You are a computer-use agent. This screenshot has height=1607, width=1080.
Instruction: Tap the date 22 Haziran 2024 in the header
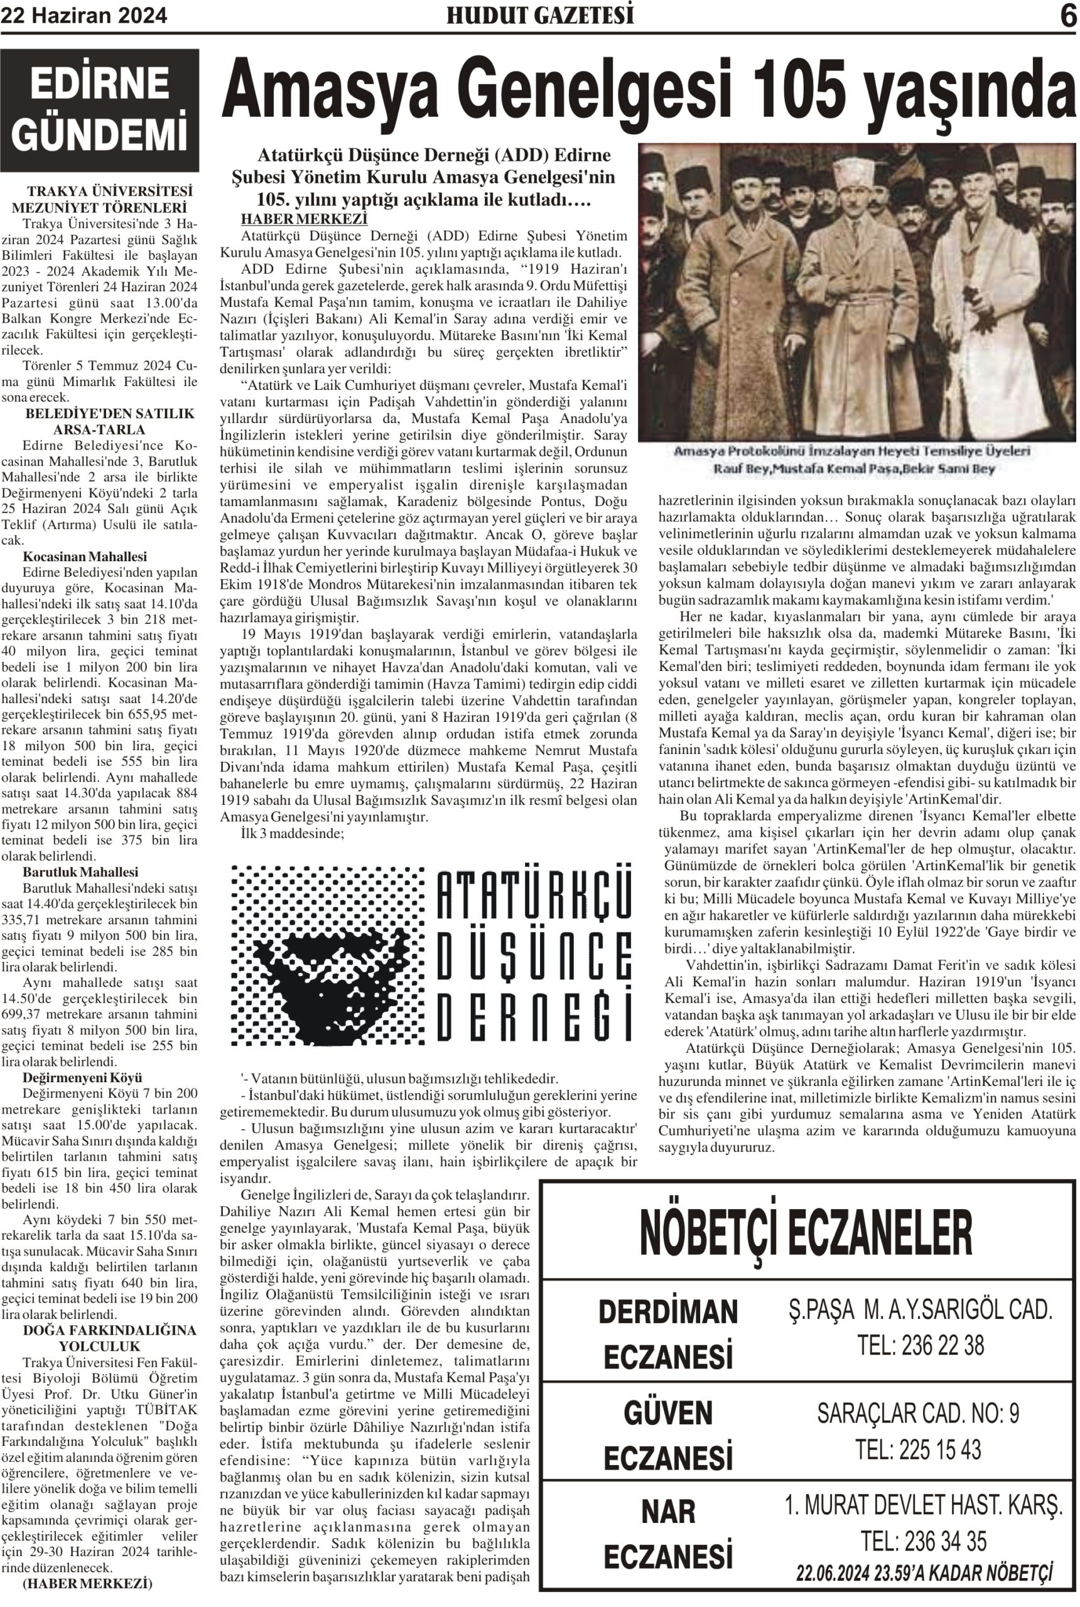(84, 15)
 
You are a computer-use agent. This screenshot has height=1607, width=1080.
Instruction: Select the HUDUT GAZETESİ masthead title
(540, 15)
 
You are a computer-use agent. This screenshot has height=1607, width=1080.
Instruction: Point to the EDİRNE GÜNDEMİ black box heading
(100, 109)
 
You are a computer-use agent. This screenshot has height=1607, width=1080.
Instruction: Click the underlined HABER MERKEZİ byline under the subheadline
(304, 219)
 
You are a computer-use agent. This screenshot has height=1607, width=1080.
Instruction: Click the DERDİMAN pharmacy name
(667, 1313)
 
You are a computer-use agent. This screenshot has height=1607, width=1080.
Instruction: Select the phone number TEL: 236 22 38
(921, 1345)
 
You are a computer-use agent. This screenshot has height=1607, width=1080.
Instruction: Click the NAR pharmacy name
(668, 1512)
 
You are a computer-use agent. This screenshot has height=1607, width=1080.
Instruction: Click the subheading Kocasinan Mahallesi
(85, 556)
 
